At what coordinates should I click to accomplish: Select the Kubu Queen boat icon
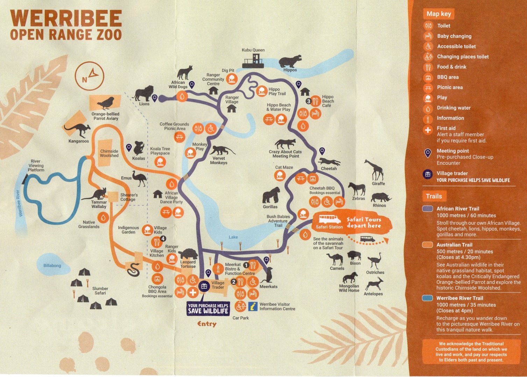tap(254, 61)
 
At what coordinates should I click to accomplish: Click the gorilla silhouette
tap(271, 195)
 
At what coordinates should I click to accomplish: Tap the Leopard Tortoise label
tap(188, 264)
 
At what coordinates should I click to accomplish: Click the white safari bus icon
tap(330, 219)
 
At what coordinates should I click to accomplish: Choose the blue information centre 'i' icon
tap(253, 306)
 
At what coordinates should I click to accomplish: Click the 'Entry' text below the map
tap(207, 324)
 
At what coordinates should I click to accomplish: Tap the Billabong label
tap(52, 266)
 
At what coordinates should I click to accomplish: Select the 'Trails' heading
tap(434, 196)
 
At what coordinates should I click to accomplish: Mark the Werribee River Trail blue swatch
tap(428, 298)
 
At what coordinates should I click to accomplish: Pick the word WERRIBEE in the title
tap(66, 19)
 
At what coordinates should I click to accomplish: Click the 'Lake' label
tap(233, 237)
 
